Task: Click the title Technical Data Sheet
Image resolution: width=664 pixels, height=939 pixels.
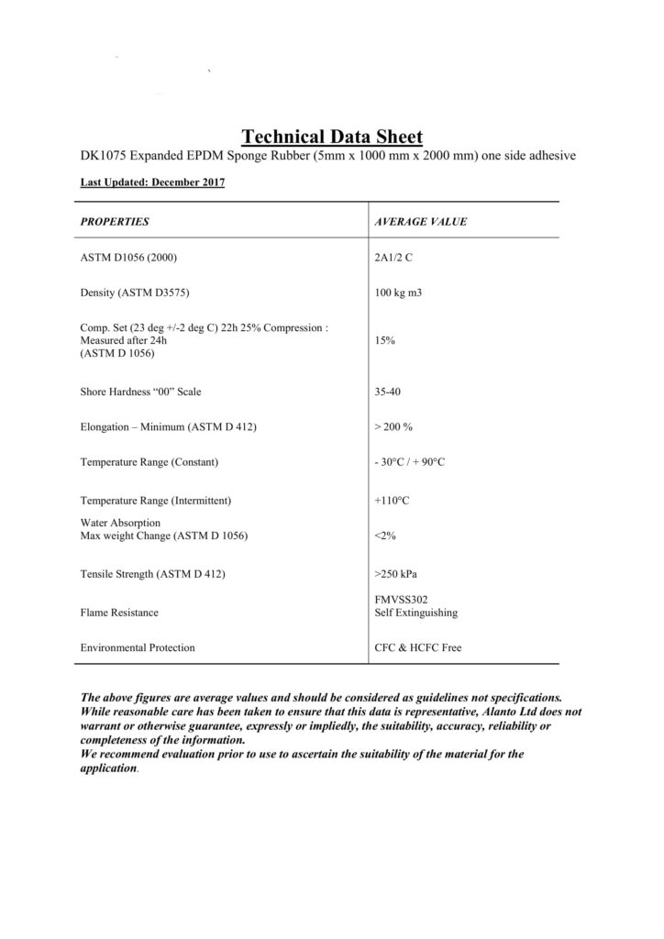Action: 332,137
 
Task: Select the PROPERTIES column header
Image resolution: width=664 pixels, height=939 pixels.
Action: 115,221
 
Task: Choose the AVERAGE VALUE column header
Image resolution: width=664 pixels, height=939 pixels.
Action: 421,221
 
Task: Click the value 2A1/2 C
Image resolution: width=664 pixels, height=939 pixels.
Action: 395,258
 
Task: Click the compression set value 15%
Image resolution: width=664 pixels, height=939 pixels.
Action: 385,339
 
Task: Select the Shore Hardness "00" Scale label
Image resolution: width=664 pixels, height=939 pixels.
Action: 141,392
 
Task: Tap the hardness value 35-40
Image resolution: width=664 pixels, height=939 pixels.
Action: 389,392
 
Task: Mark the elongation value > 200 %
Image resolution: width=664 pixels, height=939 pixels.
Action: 393,426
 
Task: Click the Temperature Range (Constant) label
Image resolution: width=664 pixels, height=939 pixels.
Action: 150,461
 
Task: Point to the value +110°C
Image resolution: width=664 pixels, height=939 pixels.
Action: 390,501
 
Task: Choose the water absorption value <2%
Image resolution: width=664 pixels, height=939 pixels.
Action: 385,535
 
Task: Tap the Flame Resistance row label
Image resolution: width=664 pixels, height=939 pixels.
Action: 119,612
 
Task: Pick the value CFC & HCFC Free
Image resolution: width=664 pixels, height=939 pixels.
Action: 418,647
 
